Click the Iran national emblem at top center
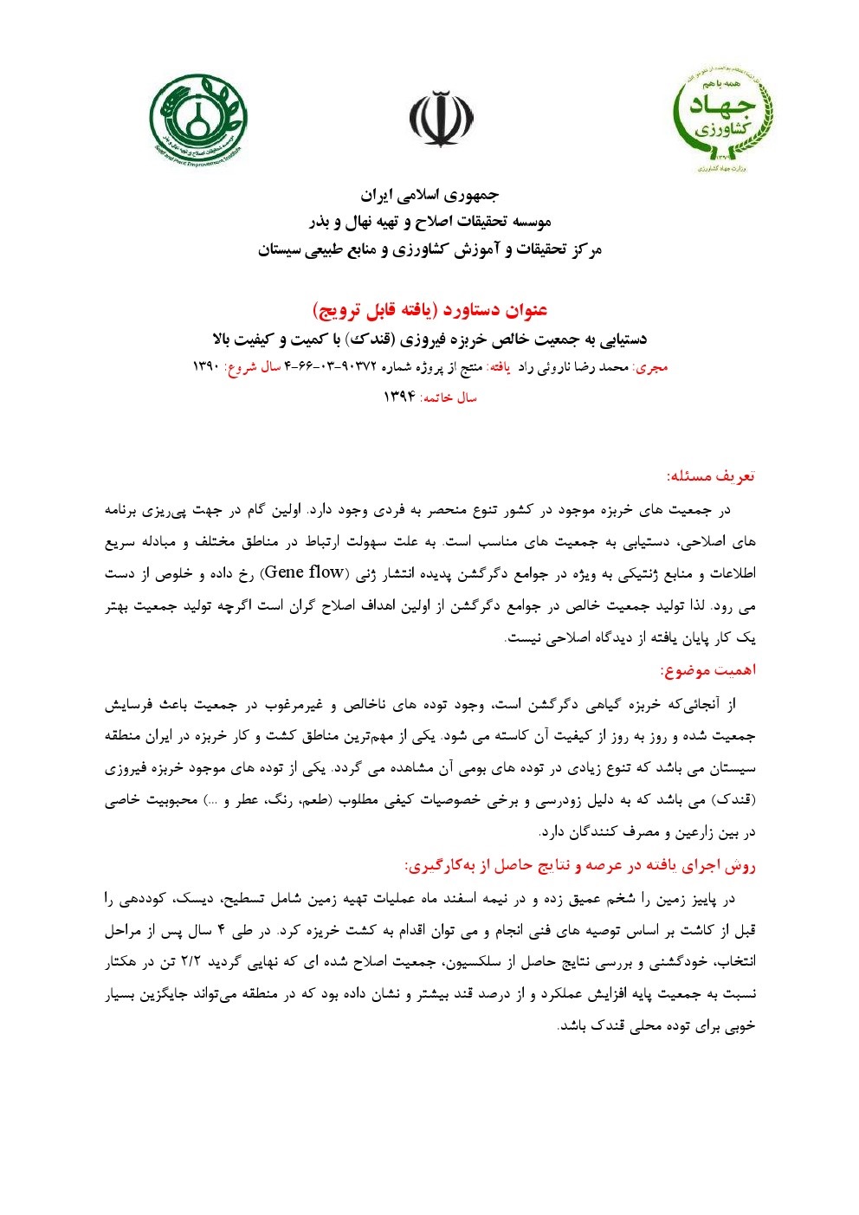tap(442, 120)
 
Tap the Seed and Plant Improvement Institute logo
tap(198, 119)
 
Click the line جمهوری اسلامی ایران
tap(429, 194)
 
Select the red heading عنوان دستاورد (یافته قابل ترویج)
tap(429, 310)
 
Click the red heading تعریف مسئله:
tap(711, 475)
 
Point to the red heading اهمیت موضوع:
tap(708, 670)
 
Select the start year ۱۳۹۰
tap(207, 367)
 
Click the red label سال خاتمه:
tap(449, 397)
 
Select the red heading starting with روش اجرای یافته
tap(580, 865)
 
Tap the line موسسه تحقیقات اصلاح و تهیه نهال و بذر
tap(429, 222)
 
